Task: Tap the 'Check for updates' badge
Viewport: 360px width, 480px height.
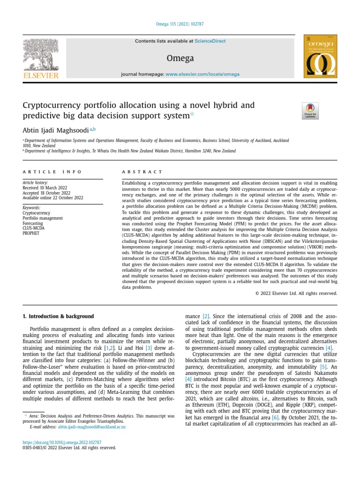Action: (310, 111)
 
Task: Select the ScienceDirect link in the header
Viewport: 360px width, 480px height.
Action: (210, 41)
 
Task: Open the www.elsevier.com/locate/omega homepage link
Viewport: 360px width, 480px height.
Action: (202, 74)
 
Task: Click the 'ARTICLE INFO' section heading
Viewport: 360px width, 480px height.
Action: (52, 172)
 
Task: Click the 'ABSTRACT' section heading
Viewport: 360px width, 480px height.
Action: (142, 172)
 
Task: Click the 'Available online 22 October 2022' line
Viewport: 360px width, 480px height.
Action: (53, 198)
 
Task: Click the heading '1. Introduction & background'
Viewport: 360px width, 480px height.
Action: (59, 316)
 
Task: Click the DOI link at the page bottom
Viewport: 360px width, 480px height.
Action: (62, 442)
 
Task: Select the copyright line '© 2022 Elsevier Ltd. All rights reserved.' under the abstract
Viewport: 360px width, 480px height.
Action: (296, 293)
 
